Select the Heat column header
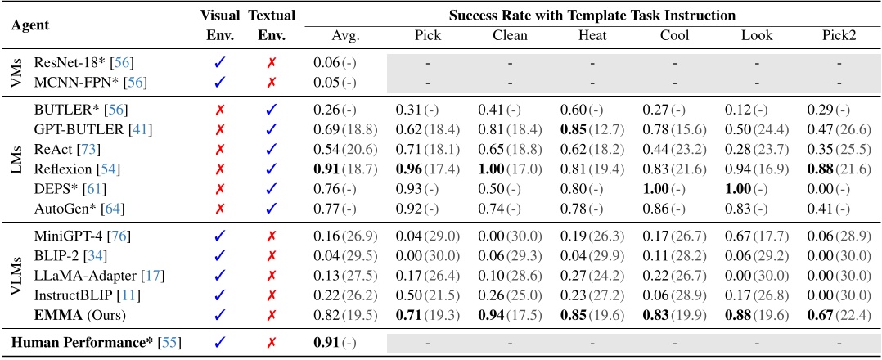[592, 36]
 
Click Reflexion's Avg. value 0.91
[327, 169]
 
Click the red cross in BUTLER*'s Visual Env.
[220, 109]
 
